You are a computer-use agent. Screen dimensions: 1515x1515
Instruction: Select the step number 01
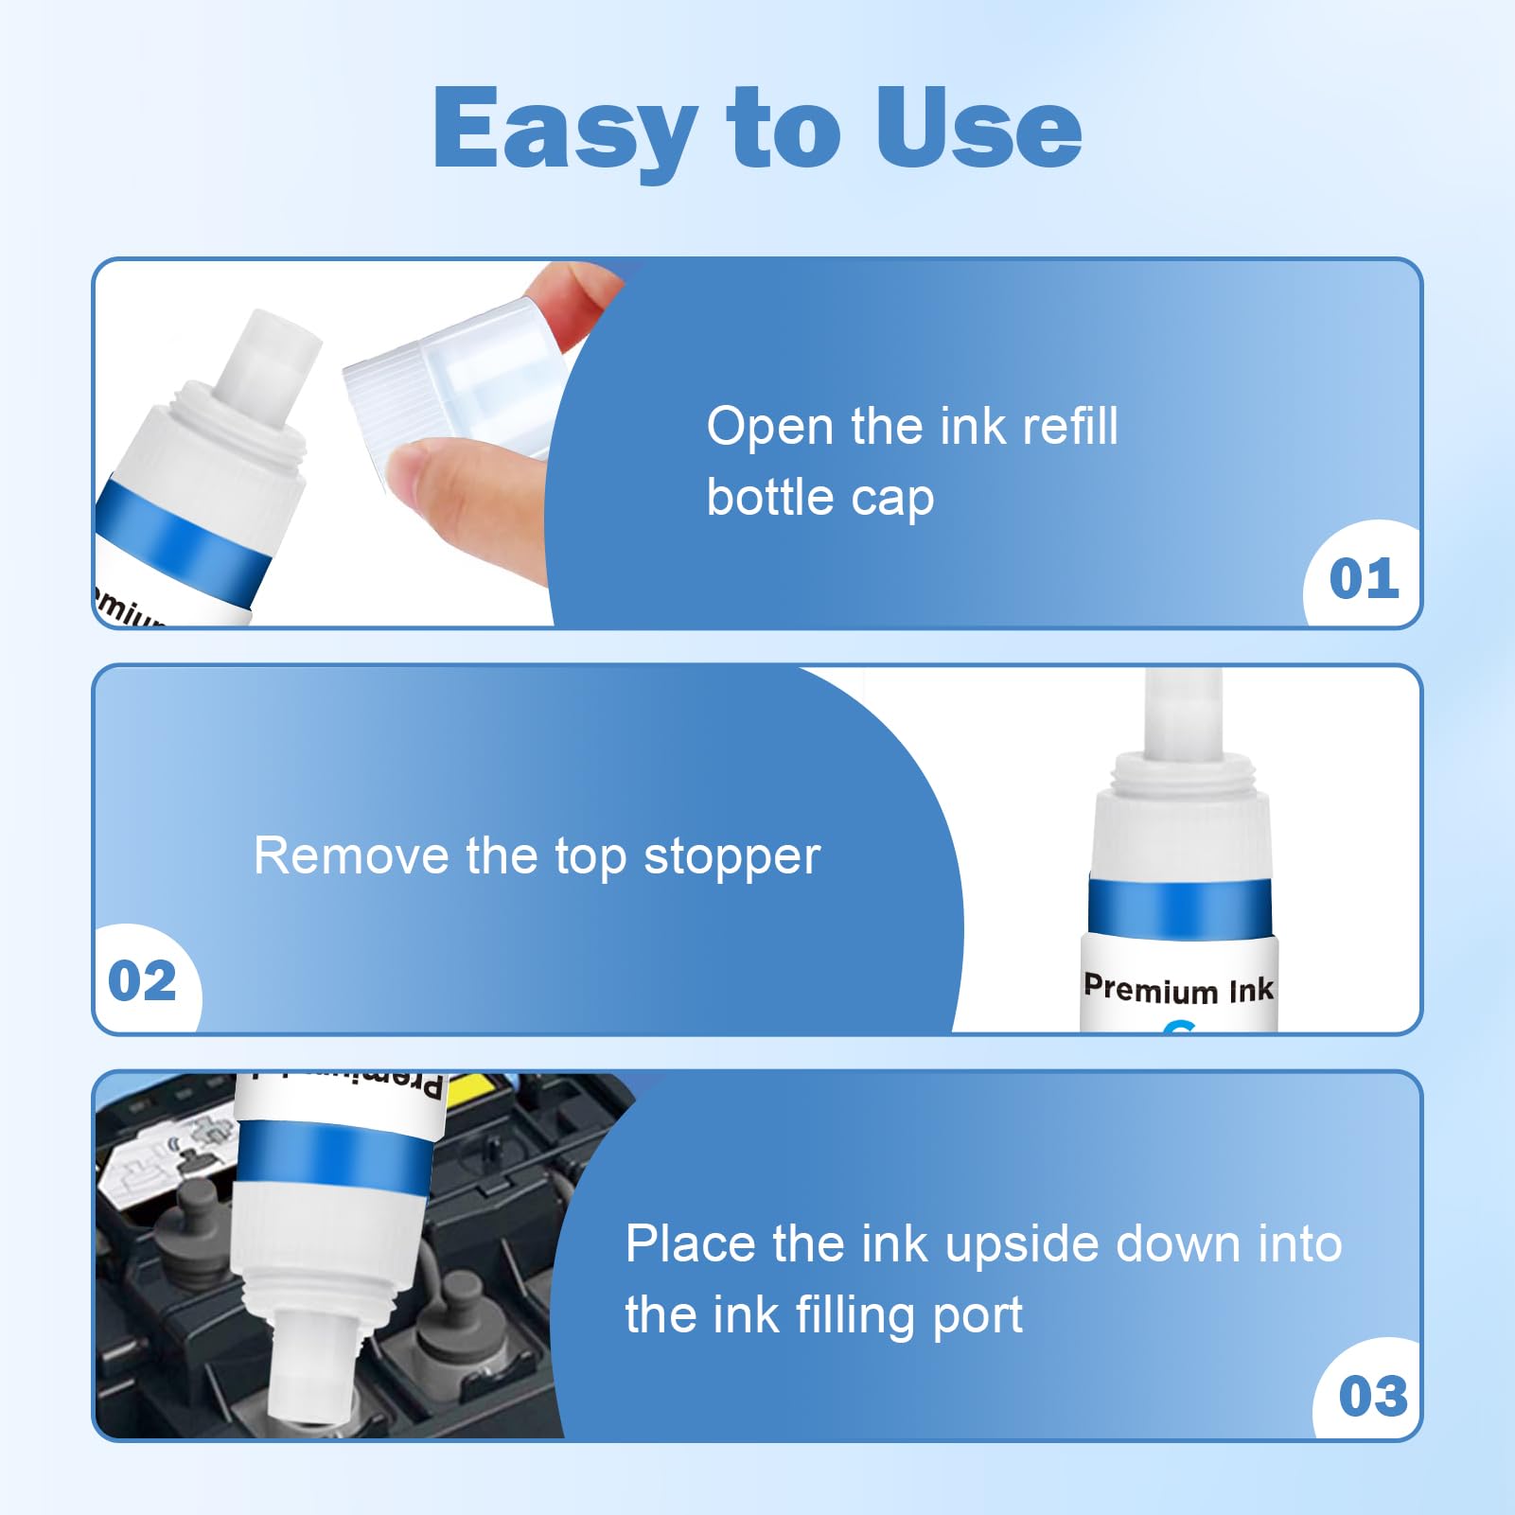click(1364, 579)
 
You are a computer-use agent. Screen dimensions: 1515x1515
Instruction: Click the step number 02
click(142, 980)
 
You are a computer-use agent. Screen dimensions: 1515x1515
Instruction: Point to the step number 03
click(1373, 1397)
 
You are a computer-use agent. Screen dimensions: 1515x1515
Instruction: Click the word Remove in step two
click(351, 856)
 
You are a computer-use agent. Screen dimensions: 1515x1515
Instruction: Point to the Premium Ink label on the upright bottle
click(1178, 990)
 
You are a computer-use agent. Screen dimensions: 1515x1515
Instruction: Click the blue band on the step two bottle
click(1180, 907)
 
